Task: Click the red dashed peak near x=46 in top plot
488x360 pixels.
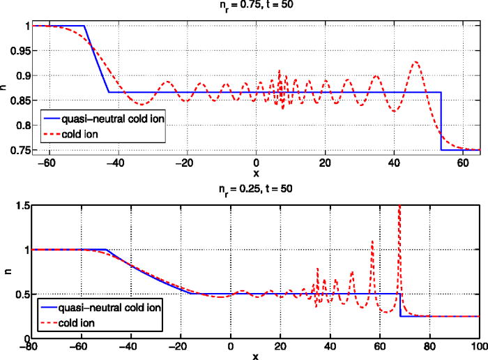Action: click(x=416, y=62)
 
